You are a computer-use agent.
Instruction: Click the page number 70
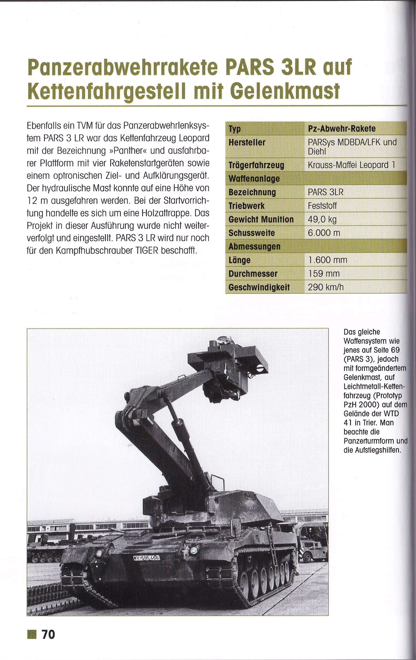(48, 634)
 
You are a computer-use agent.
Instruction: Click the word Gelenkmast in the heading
(285, 92)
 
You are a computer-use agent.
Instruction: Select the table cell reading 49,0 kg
(322, 220)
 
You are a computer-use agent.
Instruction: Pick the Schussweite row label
(252, 233)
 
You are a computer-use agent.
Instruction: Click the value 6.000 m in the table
(324, 233)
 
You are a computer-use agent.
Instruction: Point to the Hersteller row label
(247, 143)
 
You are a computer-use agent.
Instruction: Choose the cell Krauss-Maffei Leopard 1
(351, 165)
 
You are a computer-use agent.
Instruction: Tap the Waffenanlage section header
(254, 179)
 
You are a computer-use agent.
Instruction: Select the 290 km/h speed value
(325, 287)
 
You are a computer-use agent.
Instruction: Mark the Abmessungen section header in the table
(254, 247)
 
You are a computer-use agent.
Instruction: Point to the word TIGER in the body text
(147, 250)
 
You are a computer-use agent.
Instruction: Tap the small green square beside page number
(32, 634)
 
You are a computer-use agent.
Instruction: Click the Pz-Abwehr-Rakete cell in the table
(342, 129)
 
